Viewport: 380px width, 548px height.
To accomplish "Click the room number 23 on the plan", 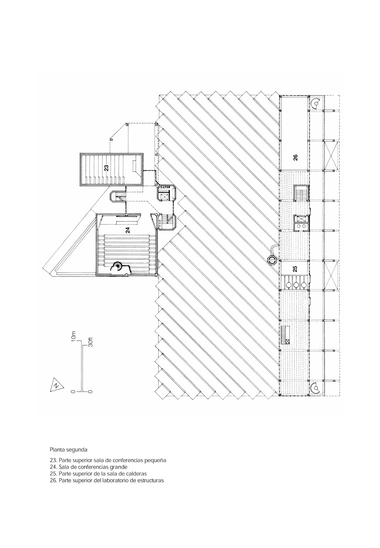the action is pos(106,168).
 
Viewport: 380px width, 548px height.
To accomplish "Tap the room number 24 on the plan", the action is pos(127,230).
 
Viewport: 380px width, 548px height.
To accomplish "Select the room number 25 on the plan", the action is pos(295,269).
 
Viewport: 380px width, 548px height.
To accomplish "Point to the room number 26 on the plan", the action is pos(295,157).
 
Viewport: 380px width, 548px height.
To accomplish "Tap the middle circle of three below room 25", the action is pos(296,285).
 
